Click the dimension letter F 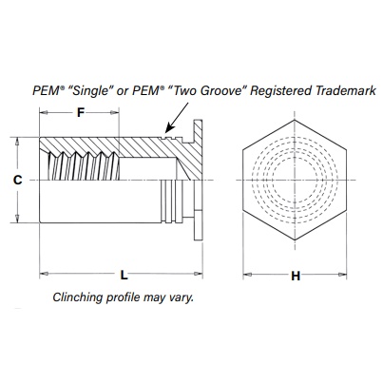[81, 112]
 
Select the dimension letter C [18, 180]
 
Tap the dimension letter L [124, 275]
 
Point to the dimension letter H [296, 276]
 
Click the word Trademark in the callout [345, 91]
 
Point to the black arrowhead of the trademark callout [169, 128]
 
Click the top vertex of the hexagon [295, 120]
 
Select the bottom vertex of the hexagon [295, 239]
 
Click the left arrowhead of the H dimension [247, 275]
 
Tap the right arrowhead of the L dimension [199, 273]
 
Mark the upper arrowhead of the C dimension [17, 142]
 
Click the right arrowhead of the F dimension [114, 112]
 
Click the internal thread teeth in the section [84, 165]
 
